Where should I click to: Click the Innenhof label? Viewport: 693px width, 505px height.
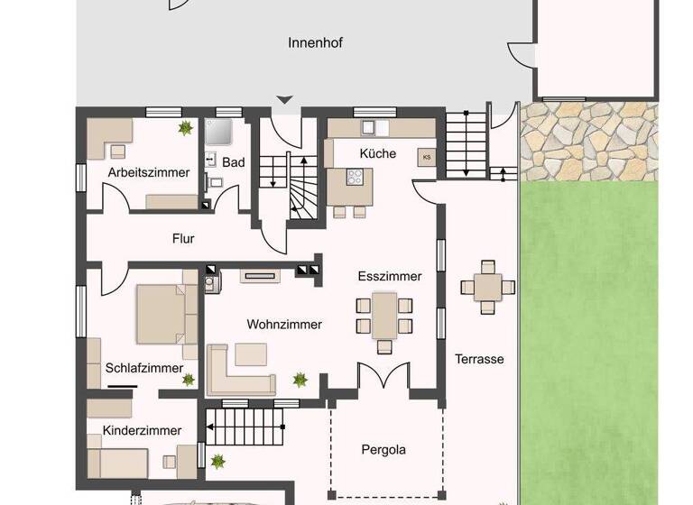[x=315, y=43]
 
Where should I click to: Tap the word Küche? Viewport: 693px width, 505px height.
[x=377, y=153]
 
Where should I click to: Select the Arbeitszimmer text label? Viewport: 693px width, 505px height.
[x=149, y=172]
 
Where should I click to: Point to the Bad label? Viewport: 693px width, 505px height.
[x=234, y=163]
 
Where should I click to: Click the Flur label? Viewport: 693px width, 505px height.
[x=183, y=239]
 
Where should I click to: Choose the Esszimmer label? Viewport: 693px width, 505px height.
[x=389, y=277]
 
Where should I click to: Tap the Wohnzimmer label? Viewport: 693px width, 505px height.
[x=284, y=324]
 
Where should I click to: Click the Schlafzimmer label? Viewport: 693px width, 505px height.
[x=144, y=368]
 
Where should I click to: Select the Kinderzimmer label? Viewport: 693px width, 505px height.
[x=142, y=430]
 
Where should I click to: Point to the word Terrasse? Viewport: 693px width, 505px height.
[x=479, y=359]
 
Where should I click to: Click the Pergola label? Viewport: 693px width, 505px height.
[x=383, y=449]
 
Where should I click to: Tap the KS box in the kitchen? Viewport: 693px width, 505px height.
[x=427, y=157]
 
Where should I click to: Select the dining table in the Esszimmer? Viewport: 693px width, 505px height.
[x=384, y=316]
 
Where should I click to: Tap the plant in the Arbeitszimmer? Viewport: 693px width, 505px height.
[x=186, y=129]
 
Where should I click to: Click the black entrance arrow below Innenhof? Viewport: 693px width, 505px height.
[x=285, y=100]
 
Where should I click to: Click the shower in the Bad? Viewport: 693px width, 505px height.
[x=218, y=133]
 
